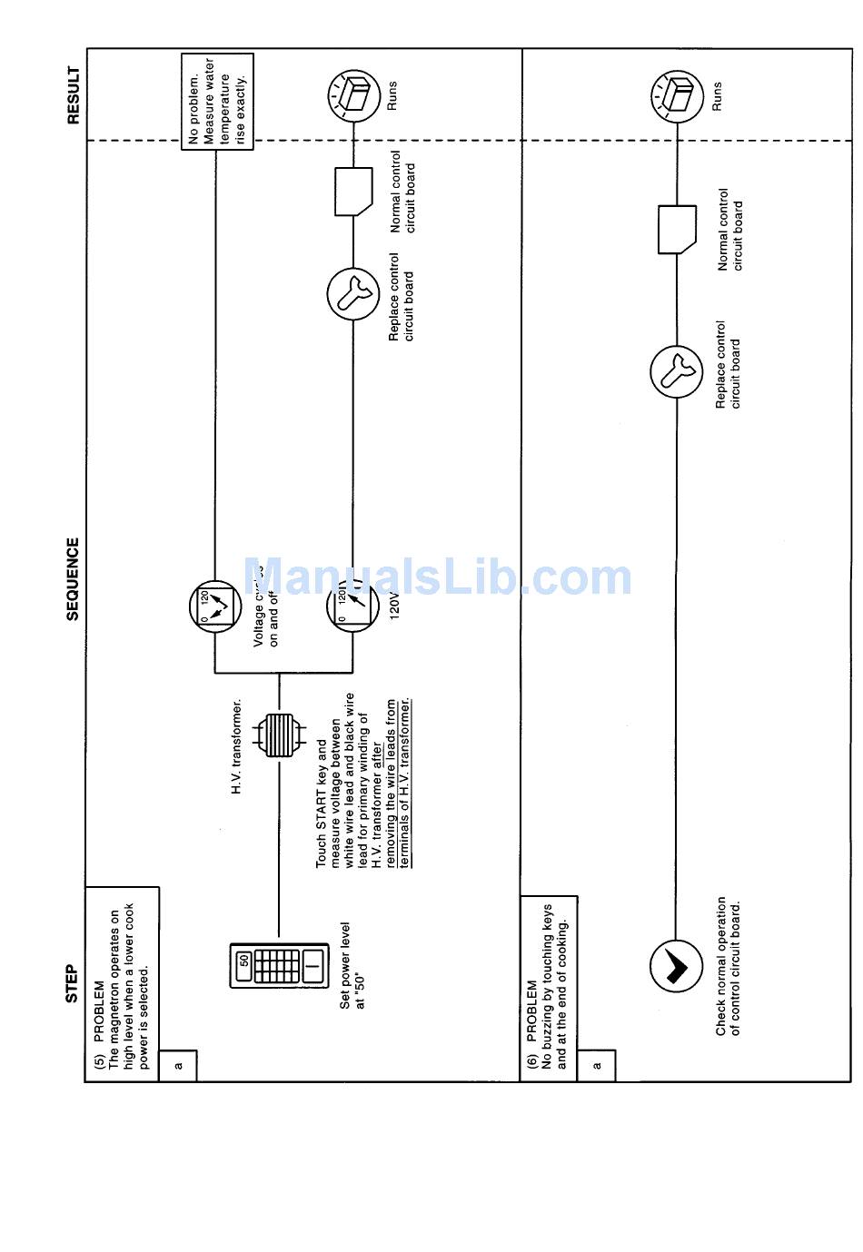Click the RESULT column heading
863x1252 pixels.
click(x=74, y=94)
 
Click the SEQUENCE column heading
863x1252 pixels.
click(x=74, y=579)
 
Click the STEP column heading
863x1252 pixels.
click(x=73, y=983)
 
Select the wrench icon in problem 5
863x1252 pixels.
click(x=352, y=294)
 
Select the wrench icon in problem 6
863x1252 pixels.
click(x=677, y=372)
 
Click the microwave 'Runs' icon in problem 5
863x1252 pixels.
click(x=353, y=95)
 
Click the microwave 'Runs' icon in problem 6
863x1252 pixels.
click(x=678, y=95)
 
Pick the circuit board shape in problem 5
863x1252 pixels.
click(x=353, y=191)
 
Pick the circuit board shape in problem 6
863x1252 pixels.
click(x=677, y=229)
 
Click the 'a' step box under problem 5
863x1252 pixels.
click(x=178, y=1065)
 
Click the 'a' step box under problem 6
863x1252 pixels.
click(x=597, y=1065)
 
